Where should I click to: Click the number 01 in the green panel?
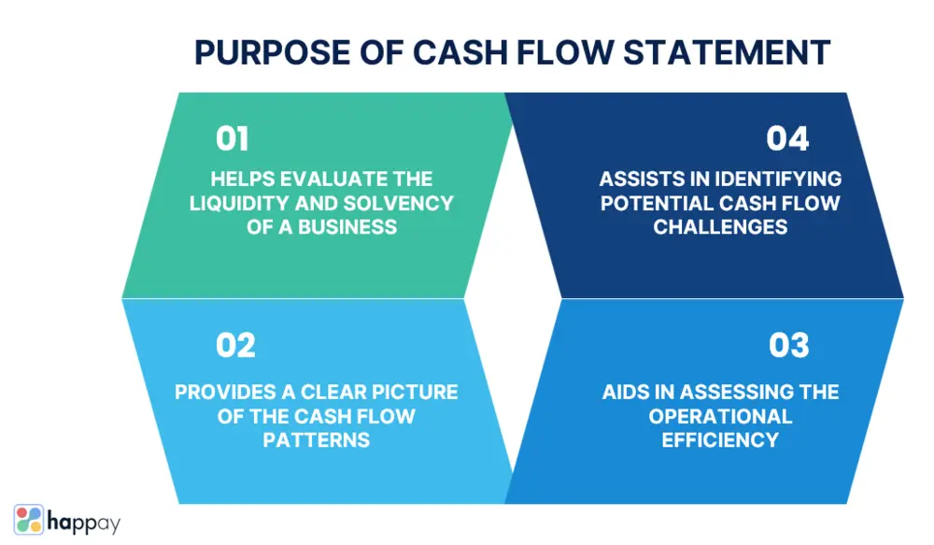233,138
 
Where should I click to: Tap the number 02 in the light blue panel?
235,346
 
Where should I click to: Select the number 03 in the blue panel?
788,346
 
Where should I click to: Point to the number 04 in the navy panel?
787,138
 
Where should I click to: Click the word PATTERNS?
316,439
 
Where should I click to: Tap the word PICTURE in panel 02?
410,392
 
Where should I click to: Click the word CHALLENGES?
720,227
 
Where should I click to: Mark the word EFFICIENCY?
720,439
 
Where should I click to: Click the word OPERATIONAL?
720,416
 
